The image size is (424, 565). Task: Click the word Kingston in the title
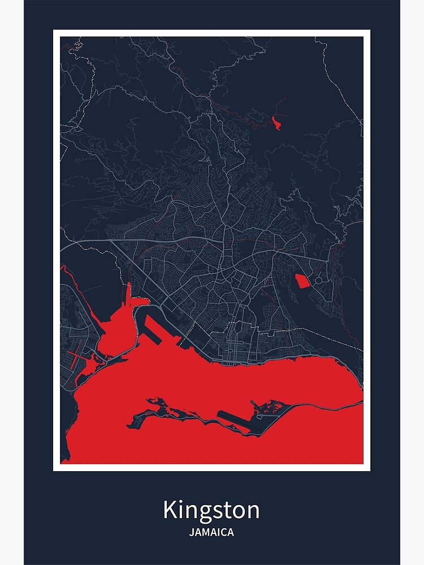pyautogui.click(x=211, y=510)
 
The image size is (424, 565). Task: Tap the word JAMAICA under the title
pyautogui.click(x=211, y=532)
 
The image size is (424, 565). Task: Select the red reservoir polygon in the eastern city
pyautogui.click(x=302, y=280)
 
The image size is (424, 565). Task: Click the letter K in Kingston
pyautogui.click(x=169, y=510)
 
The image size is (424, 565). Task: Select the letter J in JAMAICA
pyautogui.click(x=192, y=532)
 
